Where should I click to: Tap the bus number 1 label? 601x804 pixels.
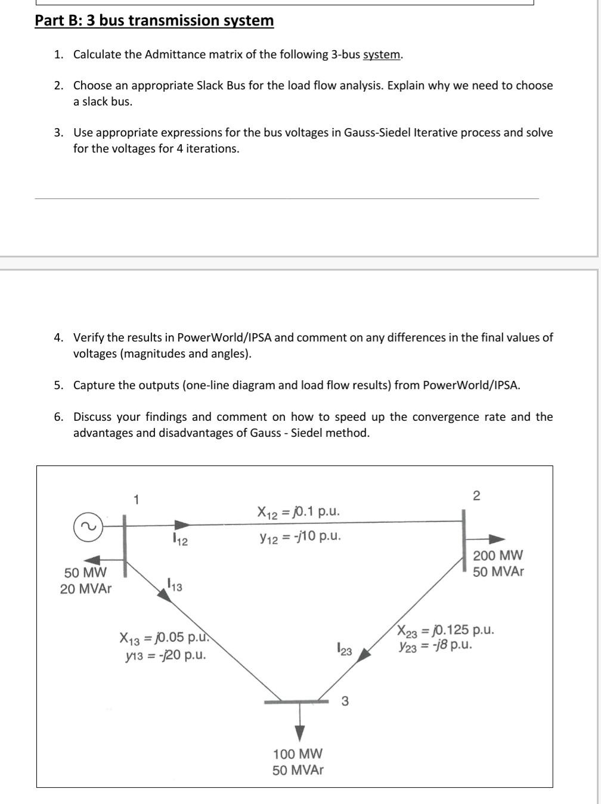coord(137,499)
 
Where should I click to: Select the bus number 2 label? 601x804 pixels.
coord(476,495)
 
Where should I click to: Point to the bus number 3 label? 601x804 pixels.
coord(345,701)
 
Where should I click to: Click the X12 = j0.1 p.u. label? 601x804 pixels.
coord(299,512)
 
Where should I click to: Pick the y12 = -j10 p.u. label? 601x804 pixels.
coord(300,536)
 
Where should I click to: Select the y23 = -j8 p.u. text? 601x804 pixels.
coord(436,645)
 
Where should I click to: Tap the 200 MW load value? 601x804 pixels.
coord(498,555)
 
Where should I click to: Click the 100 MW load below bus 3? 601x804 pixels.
coord(298,754)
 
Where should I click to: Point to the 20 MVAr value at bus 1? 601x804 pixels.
coord(85,589)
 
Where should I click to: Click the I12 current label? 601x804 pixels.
coord(179,541)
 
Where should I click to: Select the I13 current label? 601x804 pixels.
coord(175,585)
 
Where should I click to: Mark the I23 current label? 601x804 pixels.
coord(344,650)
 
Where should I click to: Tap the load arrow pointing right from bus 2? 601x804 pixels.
coord(488,539)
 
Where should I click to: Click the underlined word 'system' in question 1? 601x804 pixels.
coord(382,55)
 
